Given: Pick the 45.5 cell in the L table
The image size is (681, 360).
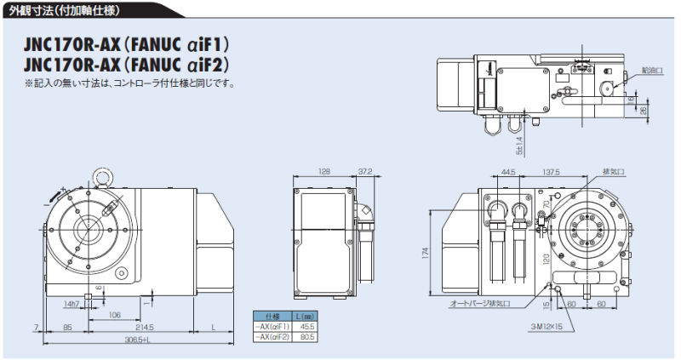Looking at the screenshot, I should tap(307, 326).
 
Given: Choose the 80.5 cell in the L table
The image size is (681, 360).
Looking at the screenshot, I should tap(307, 337).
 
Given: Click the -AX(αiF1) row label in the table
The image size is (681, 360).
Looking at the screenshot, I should tap(273, 326).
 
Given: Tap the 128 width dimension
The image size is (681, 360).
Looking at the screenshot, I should tap(323, 171).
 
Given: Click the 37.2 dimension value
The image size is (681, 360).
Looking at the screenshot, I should tap(364, 171).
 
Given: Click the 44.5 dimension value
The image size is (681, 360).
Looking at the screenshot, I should tap(509, 172).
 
